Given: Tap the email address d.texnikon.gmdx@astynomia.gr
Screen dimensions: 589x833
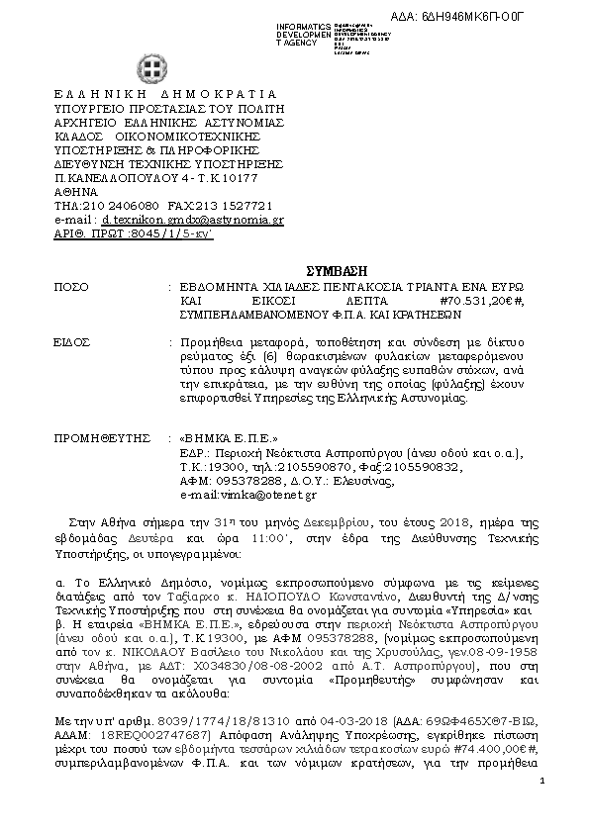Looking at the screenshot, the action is pyautogui.click(x=193, y=220).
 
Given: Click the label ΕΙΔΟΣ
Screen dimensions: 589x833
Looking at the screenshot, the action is pyautogui.click(x=72, y=341).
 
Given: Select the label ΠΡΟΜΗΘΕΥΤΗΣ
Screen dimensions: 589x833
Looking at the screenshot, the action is pyautogui.click(x=104, y=436).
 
